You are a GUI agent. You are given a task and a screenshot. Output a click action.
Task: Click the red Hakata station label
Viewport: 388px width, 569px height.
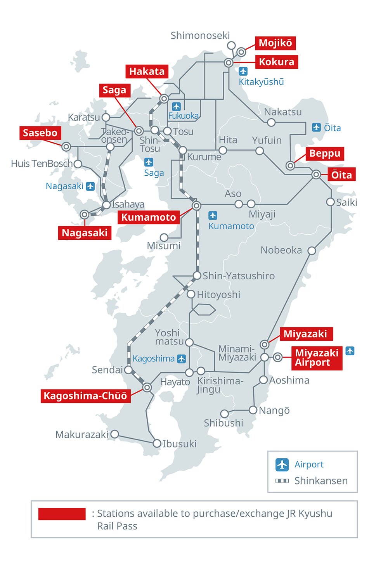pos(147,71)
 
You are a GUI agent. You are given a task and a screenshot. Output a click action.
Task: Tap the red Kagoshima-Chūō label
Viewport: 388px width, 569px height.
pos(85,396)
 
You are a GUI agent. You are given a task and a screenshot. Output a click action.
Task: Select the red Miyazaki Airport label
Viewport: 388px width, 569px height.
pos(317,358)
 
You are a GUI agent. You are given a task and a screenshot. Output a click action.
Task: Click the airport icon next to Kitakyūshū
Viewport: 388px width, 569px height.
pos(243,71)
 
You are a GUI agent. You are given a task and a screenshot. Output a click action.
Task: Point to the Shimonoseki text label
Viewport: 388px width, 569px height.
pos(200,36)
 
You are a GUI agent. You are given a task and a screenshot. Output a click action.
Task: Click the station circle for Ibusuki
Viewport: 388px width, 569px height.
pos(157,443)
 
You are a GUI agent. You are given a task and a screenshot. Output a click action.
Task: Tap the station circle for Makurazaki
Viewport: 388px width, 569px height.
pos(114,434)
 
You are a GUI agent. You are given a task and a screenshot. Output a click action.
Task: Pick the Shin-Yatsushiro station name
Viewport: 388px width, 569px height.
pos(239,276)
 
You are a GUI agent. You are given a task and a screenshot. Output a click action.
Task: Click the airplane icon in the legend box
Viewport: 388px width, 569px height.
pos(282,464)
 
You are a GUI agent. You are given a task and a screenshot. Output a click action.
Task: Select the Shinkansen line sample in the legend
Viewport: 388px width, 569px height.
pos(282,481)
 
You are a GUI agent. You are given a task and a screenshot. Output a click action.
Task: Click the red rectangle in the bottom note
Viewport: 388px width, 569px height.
pos(62,514)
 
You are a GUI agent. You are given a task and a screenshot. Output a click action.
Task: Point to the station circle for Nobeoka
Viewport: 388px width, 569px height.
pos(312,251)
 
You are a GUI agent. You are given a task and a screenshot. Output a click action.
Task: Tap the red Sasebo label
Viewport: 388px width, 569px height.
pos(40,133)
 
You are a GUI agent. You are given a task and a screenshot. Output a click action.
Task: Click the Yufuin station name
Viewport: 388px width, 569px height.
pos(267,140)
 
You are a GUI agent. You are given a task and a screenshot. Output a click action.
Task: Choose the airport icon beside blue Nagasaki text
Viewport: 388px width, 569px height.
pos(90,186)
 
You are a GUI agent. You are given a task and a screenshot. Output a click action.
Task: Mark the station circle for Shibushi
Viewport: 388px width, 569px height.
pos(225,413)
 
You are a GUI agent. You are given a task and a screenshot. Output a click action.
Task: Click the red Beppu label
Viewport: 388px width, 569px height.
pos(325,154)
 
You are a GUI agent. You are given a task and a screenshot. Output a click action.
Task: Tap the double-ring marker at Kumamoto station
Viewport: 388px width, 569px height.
pos(197,206)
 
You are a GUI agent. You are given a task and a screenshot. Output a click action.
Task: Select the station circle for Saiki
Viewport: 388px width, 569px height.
pos(330,202)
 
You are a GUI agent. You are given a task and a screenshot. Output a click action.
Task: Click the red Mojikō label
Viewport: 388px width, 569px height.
pos(275,43)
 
